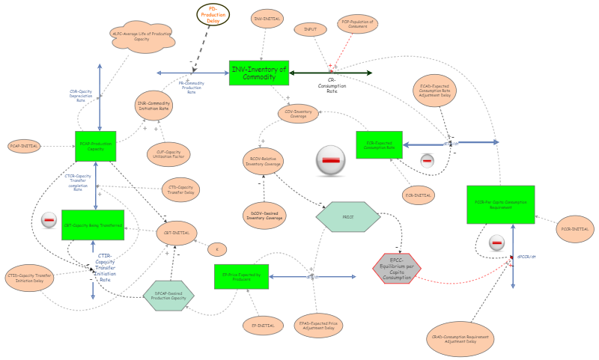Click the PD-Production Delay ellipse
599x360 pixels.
pyautogui.click(x=213, y=14)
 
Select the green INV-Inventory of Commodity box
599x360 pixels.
pyautogui.click(x=258, y=73)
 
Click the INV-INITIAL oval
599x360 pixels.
pyautogui.click(x=267, y=17)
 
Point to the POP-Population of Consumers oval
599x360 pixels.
pyautogui.click(x=358, y=24)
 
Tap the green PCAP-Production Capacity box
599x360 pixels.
pyautogui.click(x=96, y=147)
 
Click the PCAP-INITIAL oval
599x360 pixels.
pyautogui.click(x=25, y=145)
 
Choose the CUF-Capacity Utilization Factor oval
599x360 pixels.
pyautogui.click(x=168, y=154)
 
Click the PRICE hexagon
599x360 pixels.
pyautogui.click(x=348, y=216)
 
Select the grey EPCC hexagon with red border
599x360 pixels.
pyautogui.click(x=397, y=267)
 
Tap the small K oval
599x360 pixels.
pyautogui.click(x=216, y=248)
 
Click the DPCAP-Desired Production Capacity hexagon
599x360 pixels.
pyautogui.click(x=168, y=295)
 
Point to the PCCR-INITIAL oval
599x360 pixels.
pyautogui.click(x=577, y=228)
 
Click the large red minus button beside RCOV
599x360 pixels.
pyautogui.click(x=330, y=160)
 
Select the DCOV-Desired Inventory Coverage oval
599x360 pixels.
pyautogui.click(x=264, y=215)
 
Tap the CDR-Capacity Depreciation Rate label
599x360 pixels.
pyautogui.click(x=81, y=96)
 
